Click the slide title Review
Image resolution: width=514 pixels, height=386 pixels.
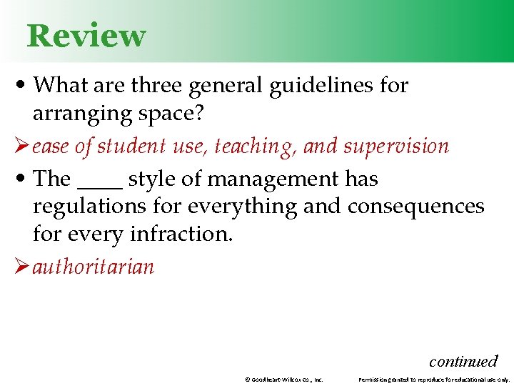click(86, 36)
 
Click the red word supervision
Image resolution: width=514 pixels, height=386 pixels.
click(396, 147)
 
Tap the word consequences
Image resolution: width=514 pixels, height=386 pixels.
click(415, 207)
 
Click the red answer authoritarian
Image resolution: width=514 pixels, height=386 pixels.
click(93, 267)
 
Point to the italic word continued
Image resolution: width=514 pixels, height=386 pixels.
click(463, 361)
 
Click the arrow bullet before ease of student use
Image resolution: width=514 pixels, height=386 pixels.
click(21, 147)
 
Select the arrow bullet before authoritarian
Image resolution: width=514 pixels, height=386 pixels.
click(21, 267)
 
